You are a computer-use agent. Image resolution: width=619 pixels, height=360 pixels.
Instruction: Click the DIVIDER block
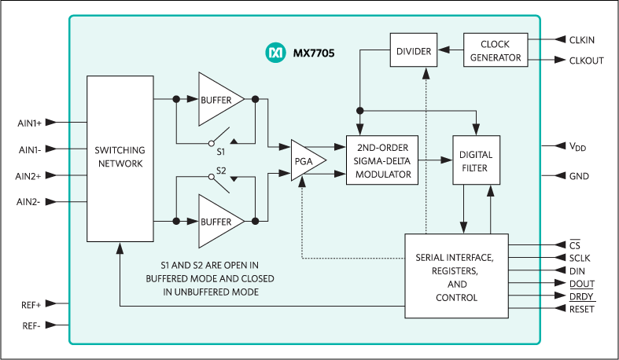pos(414,51)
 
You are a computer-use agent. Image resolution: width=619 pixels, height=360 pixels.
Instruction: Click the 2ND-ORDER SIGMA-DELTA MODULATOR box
pos(381,160)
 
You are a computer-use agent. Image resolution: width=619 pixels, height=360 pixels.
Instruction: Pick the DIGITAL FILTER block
pos(476,160)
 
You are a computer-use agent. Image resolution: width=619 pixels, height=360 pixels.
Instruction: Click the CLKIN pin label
pos(581,39)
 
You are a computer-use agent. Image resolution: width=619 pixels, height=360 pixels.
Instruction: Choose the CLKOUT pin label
pos(585,61)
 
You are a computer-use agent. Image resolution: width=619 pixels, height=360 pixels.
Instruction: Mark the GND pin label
pos(579,176)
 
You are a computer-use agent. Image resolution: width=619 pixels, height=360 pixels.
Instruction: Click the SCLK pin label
pos(580,258)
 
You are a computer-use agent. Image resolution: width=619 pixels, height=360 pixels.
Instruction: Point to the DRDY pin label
pos(581,296)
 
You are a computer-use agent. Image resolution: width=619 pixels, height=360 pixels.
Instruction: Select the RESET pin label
pos(582,310)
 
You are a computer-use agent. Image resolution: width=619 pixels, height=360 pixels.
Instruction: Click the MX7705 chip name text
pos(313,53)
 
